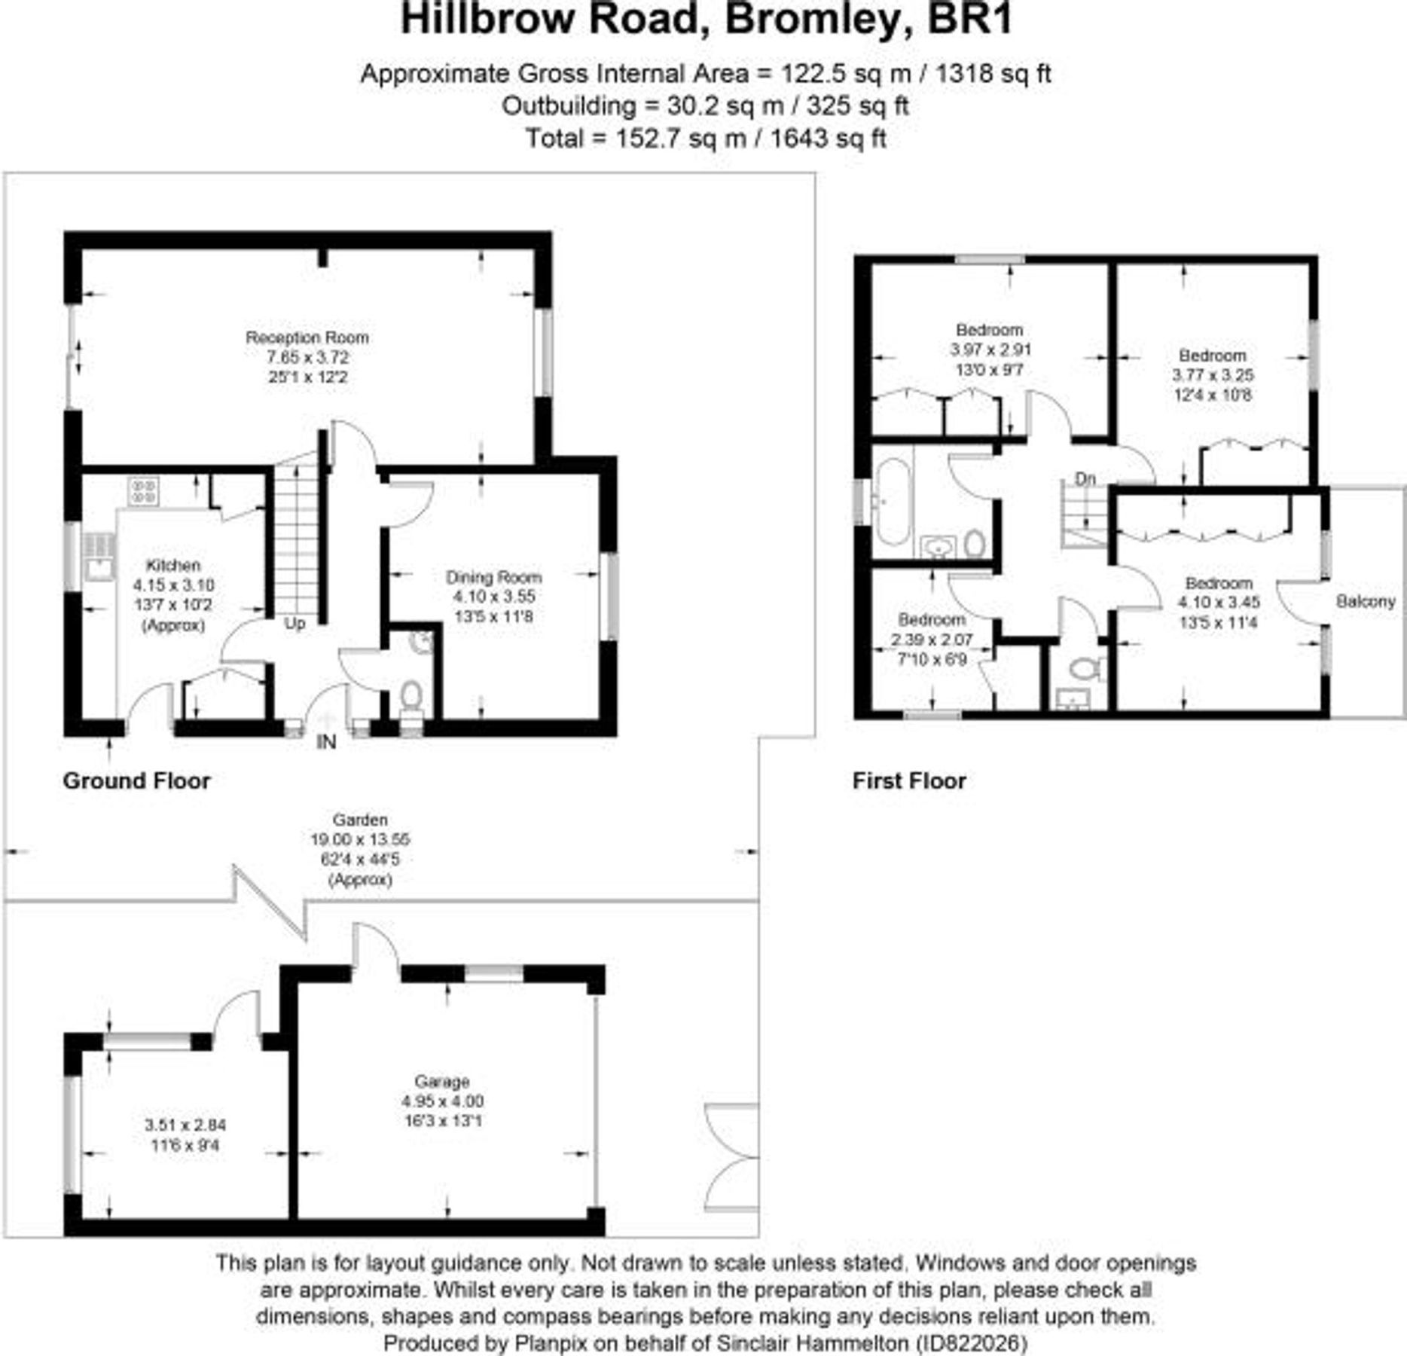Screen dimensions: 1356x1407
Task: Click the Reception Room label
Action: coord(307,337)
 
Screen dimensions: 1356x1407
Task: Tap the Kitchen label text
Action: coord(173,565)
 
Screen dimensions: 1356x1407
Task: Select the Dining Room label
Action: coord(493,577)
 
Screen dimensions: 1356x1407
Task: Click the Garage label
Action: coord(441,1081)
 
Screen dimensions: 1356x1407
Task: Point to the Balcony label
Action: coord(1365,601)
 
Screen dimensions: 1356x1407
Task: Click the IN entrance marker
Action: coord(326,742)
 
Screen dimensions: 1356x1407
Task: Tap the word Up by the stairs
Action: coord(295,624)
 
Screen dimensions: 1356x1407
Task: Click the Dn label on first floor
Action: coord(1085,478)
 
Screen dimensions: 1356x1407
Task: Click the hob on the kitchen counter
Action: coord(143,491)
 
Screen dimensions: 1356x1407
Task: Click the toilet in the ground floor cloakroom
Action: coord(411,695)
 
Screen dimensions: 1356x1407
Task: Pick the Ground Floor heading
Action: coord(136,780)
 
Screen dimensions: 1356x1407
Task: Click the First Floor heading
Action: coord(908,780)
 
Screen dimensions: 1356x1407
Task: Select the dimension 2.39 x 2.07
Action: coord(932,640)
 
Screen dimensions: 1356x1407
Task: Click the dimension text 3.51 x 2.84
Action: coord(185,1125)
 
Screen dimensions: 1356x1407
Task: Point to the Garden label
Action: coord(360,820)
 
